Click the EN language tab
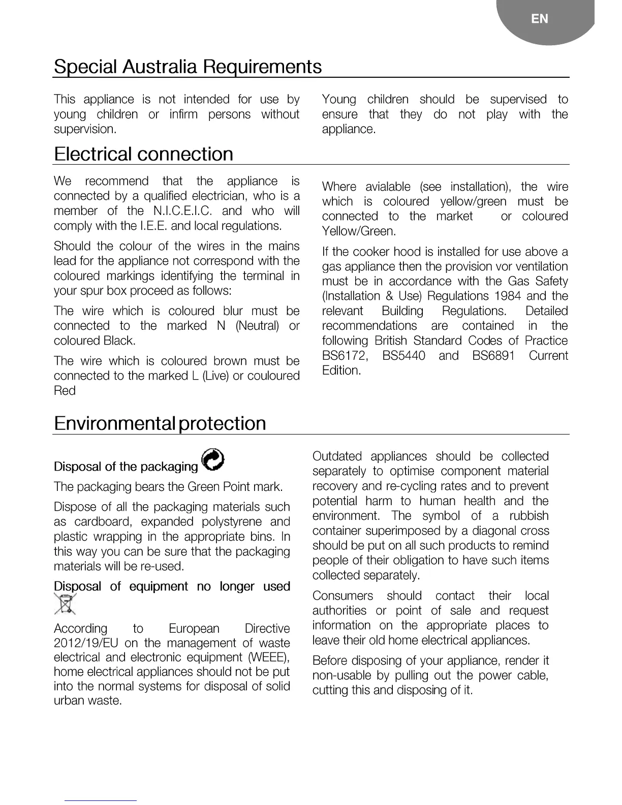(x=540, y=19)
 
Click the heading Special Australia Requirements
(x=188, y=67)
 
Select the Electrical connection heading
(x=143, y=154)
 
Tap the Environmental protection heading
(x=160, y=423)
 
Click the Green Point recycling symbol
(x=213, y=460)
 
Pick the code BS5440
(x=403, y=356)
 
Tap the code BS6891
(x=493, y=356)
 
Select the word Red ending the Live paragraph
(x=65, y=391)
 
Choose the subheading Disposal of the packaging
(x=126, y=467)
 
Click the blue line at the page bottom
(x=101, y=801)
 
